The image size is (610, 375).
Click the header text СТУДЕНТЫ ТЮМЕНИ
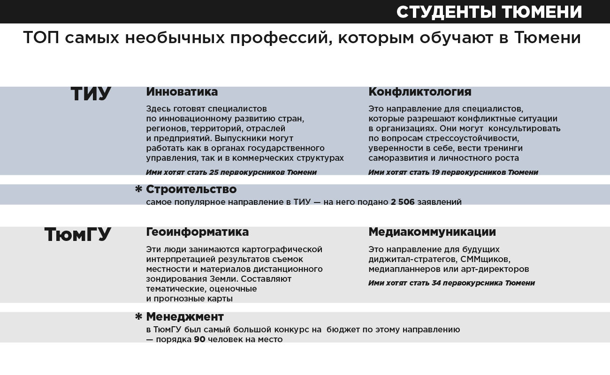point(489,12)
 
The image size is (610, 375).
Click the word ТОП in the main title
point(41,38)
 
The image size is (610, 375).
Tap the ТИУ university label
point(91,94)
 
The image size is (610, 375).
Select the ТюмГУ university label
point(78,234)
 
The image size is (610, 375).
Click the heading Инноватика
point(182,91)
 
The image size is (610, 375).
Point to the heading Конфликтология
point(419,91)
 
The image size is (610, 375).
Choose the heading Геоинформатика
point(197,232)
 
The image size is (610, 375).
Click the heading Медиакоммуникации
point(432,232)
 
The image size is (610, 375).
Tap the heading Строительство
point(191,189)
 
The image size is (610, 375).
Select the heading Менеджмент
point(185,317)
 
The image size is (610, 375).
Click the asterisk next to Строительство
point(138,190)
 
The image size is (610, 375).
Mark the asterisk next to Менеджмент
point(138,317)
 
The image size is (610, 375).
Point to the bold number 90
point(199,339)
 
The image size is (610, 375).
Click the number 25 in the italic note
point(214,172)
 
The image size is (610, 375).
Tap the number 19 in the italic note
point(436,172)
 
